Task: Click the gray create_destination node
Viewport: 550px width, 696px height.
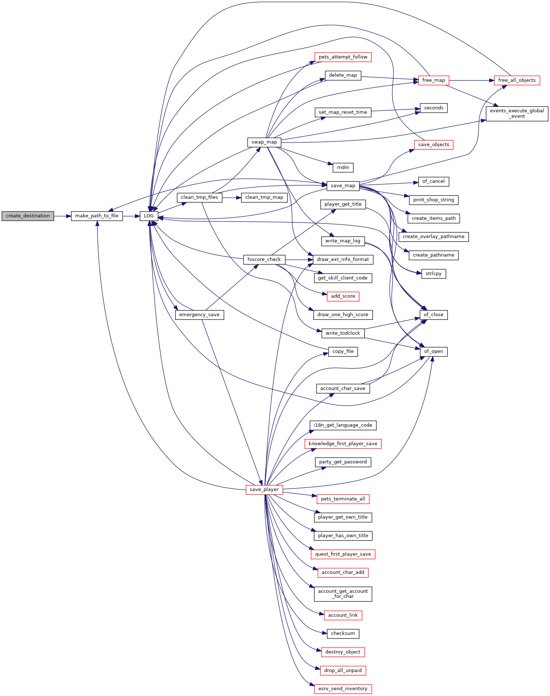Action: (28, 216)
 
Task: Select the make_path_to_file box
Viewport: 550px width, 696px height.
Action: (97, 216)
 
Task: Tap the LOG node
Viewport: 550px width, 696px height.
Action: (149, 216)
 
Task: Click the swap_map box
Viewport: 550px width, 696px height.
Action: (264, 142)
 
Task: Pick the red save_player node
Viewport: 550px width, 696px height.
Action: (264, 490)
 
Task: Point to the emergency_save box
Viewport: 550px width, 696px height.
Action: (200, 315)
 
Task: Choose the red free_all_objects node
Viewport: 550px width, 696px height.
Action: (517, 80)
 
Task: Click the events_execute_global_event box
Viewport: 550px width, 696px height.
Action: (517, 113)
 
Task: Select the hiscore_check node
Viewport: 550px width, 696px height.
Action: (264, 260)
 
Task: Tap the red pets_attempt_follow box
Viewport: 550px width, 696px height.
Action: (343, 57)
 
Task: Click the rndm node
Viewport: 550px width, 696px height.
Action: (343, 168)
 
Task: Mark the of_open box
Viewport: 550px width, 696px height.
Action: (434, 351)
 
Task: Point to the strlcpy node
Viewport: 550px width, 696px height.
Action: (434, 274)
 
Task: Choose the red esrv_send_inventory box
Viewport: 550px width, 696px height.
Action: (343, 689)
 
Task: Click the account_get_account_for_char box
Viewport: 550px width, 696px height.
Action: (343, 594)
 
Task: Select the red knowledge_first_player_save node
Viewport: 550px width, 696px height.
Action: (343, 444)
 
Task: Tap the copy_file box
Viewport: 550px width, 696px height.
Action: (343, 351)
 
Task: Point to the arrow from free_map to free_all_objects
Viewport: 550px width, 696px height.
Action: (472, 80)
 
